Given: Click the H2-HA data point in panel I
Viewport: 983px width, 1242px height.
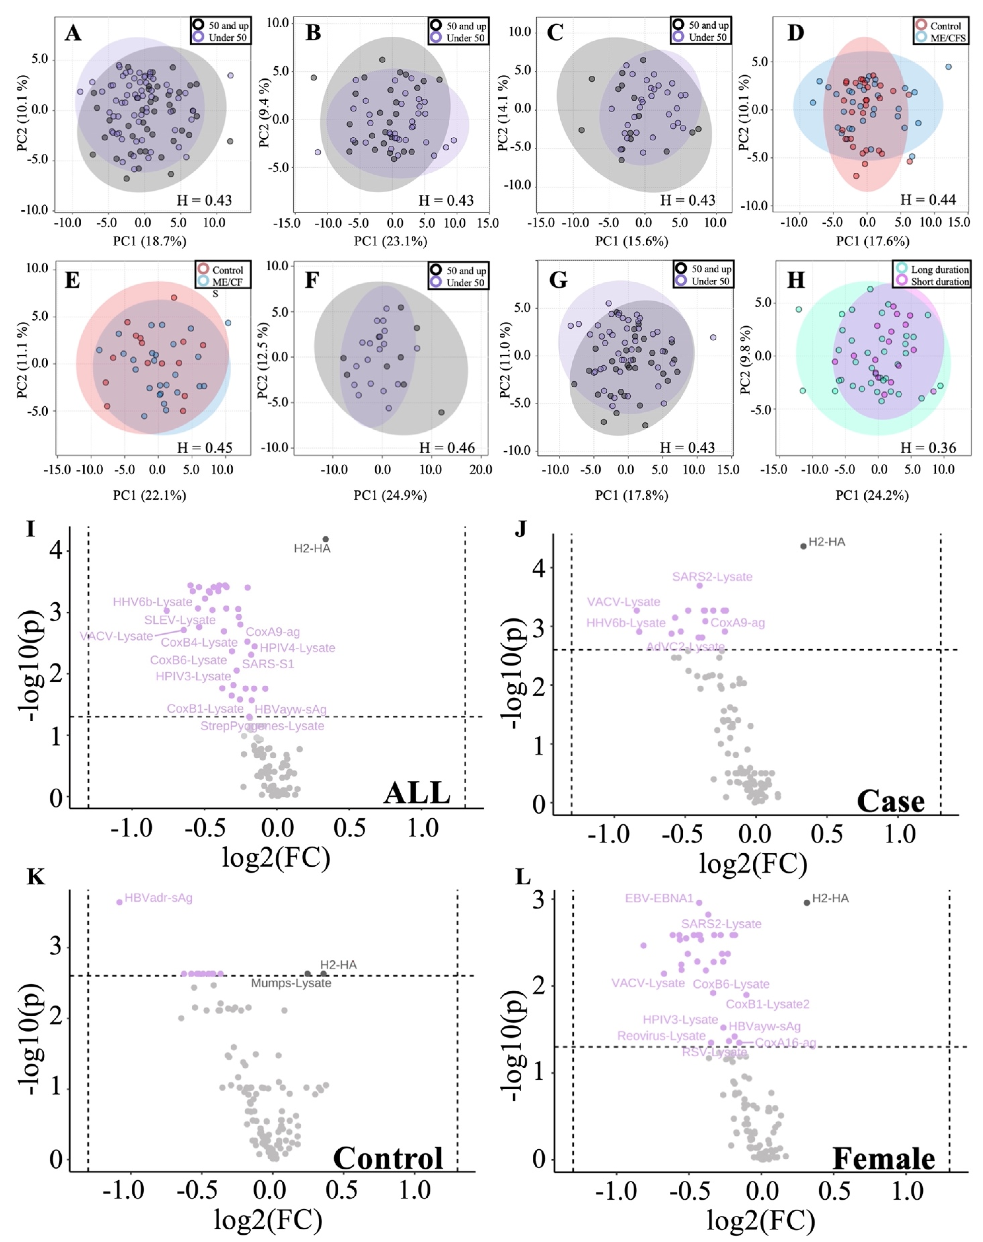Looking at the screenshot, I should (x=326, y=539).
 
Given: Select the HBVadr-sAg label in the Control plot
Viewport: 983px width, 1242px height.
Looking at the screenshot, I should (x=158, y=897).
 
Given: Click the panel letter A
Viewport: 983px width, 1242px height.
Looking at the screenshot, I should (x=73, y=33).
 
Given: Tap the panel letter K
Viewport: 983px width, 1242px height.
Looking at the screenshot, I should (x=36, y=877).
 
